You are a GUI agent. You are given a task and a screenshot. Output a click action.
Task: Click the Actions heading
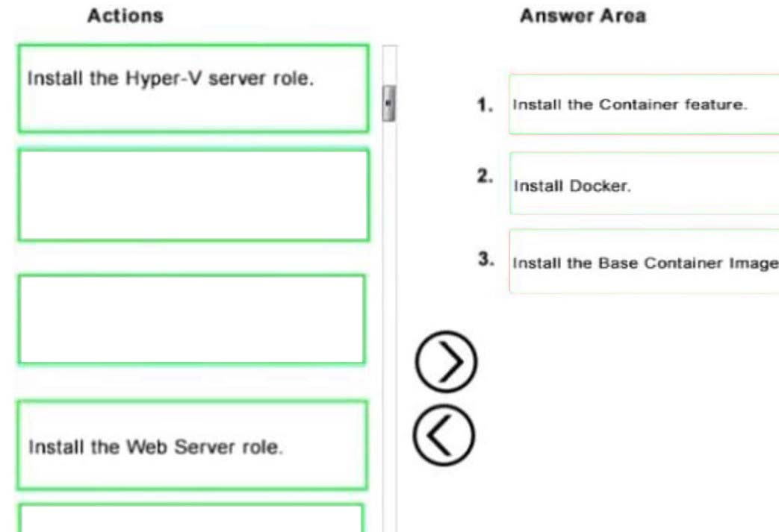point(125,16)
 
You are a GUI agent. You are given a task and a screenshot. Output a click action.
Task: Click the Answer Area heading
point(583,16)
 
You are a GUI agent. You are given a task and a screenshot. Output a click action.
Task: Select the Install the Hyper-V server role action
point(193,89)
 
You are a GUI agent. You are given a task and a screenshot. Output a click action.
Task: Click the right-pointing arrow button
point(446,362)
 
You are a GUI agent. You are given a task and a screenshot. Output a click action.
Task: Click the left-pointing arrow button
point(444,435)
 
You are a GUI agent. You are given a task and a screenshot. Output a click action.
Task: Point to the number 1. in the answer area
point(485,104)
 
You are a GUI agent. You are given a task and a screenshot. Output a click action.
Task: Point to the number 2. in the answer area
point(485,175)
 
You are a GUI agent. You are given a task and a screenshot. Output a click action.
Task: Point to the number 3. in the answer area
point(486,259)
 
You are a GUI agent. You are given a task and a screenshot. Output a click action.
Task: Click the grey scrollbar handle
point(389,103)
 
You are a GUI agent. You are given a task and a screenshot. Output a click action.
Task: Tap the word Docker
point(600,186)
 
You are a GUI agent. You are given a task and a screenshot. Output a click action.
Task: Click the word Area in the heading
point(623,16)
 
